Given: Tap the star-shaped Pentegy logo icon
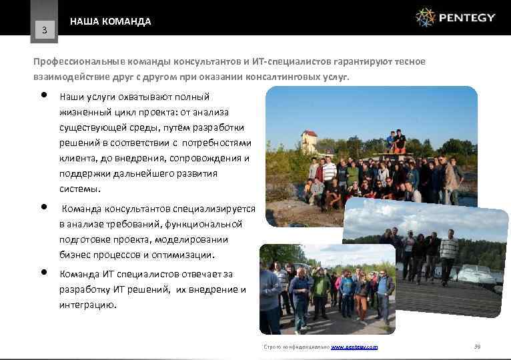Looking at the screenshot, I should point(425,17).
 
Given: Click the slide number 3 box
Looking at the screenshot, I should point(44,29).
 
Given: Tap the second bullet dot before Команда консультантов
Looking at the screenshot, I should point(43,206).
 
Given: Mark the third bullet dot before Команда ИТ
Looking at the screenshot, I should point(43,272).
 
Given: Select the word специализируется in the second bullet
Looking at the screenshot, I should point(213,209).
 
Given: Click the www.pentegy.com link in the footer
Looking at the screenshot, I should point(354,347).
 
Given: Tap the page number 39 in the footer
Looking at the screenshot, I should point(476,347).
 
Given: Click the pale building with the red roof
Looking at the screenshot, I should point(308,142).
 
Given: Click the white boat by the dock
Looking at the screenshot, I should point(478,273).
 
